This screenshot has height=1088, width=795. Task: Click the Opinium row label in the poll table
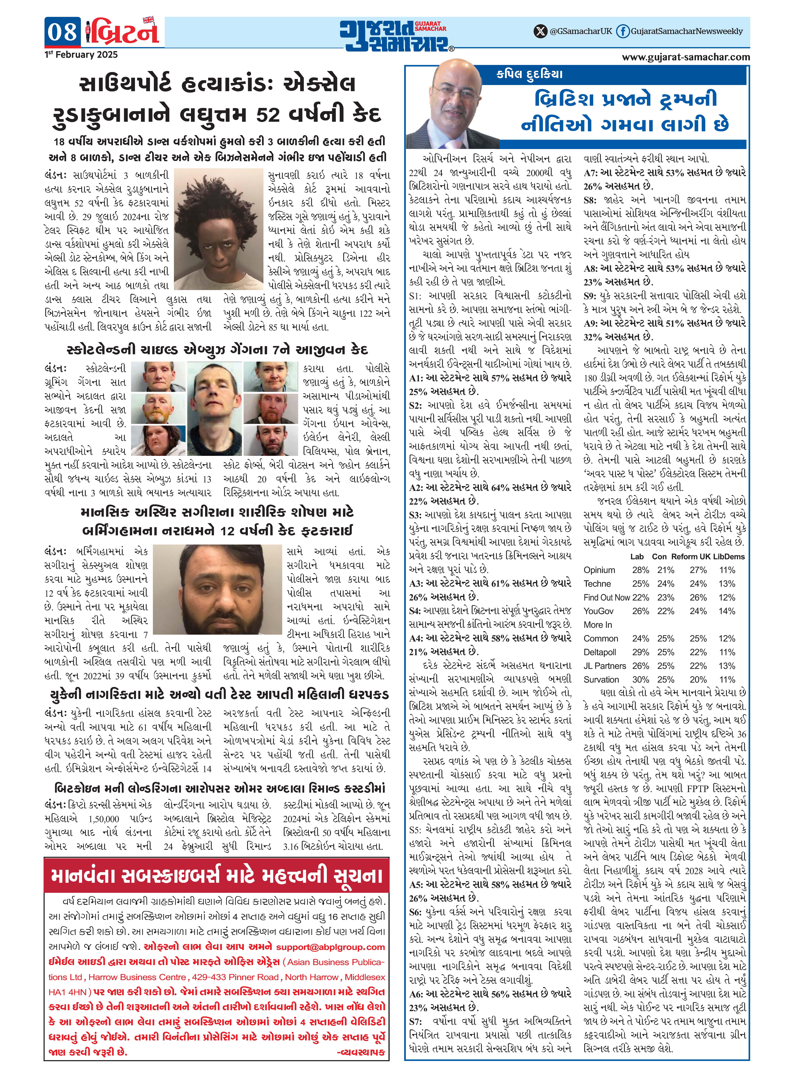click(599, 570)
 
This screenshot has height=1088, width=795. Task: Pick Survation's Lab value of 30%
click(641, 680)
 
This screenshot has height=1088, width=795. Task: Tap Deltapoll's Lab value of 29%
click(641, 652)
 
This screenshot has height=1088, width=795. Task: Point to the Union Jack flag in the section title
click(148, 20)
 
